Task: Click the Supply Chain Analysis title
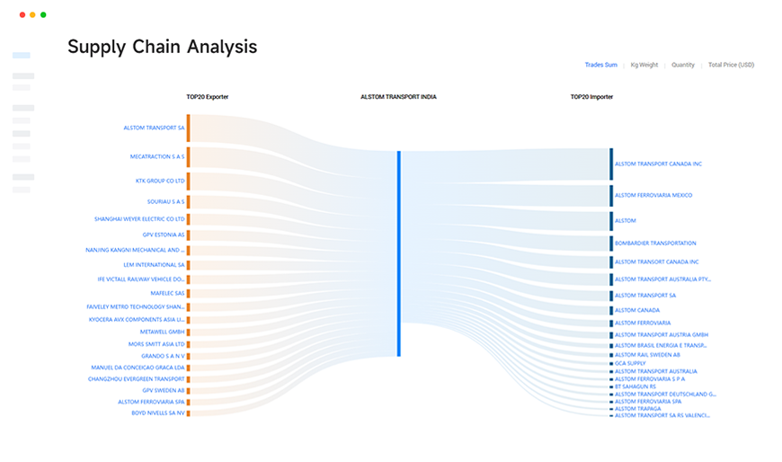[162, 48]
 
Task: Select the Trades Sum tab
[600, 65]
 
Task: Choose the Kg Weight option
[644, 65]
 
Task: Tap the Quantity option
[683, 65]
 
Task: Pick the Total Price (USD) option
[731, 65]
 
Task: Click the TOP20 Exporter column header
[207, 97]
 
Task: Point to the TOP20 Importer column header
[591, 97]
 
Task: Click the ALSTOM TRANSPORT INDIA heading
[398, 97]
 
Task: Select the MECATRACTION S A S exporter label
[157, 156]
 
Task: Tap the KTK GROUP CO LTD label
[160, 181]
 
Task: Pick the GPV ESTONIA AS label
[164, 235]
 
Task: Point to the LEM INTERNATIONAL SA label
[155, 265]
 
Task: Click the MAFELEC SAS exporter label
[166, 293]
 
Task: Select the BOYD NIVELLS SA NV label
[158, 413]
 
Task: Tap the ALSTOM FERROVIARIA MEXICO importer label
[653, 195]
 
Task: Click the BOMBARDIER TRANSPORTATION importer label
[654, 244]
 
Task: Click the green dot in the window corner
[43, 15]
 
